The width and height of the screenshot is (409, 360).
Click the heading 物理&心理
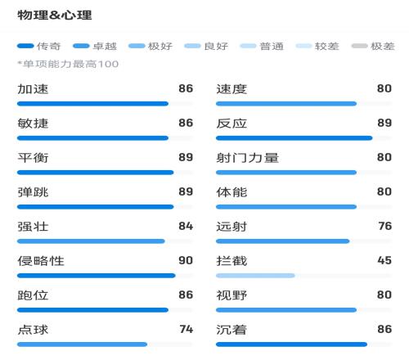tap(55, 15)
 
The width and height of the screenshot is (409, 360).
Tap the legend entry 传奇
tap(38, 46)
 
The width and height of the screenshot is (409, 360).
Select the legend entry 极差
tap(373, 46)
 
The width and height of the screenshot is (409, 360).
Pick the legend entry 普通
tap(262, 46)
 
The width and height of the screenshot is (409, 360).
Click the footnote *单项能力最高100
tap(68, 64)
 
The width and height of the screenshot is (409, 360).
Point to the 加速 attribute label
tap(33, 89)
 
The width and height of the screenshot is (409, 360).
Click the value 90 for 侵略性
tap(186, 260)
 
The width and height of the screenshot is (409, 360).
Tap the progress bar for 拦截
tap(255, 276)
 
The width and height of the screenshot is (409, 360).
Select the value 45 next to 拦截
tap(384, 260)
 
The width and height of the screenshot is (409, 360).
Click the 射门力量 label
tap(247, 158)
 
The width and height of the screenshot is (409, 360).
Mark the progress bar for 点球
tap(82, 344)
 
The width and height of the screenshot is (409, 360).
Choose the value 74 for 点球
tap(187, 329)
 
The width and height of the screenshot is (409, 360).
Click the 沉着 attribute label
tap(231, 330)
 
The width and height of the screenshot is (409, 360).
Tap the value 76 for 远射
tap(385, 226)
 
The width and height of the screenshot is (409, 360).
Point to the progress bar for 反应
tap(294, 138)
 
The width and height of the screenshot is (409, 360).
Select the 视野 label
tap(231, 295)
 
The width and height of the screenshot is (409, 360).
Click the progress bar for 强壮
tap(91, 241)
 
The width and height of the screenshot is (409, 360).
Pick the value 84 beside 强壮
tap(186, 226)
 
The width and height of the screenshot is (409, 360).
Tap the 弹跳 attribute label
tap(33, 192)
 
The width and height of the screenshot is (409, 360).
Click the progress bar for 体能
tap(286, 207)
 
